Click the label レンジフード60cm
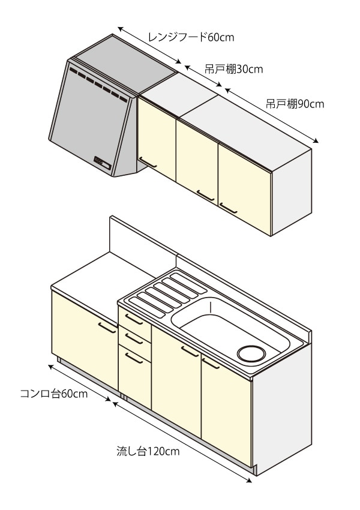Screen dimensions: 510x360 click(191, 38)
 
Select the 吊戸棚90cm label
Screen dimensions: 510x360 click(295, 104)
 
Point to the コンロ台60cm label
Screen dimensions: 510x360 click(54, 394)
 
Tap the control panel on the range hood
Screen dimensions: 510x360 click(100, 161)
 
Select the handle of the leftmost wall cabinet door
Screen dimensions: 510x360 click(148, 162)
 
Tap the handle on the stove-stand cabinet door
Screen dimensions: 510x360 click(107, 327)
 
